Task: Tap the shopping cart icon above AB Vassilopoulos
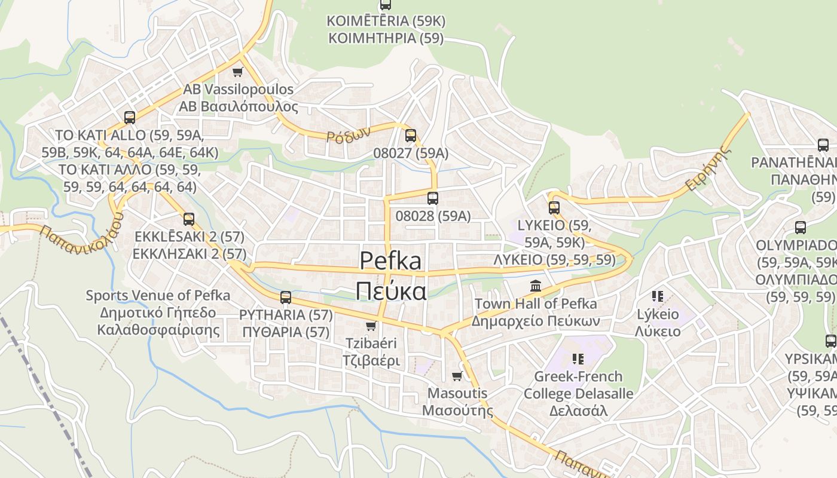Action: (237, 72)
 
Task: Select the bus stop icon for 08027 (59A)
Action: (410, 136)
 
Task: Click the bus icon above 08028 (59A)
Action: (433, 198)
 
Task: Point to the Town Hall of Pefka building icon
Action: (535, 286)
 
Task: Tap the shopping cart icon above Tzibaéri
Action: (371, 326)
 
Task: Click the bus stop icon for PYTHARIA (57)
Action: (286, 297)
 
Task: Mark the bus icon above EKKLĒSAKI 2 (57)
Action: (189, 219)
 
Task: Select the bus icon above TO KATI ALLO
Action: (130, 117)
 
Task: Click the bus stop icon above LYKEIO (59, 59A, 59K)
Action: (554, 208)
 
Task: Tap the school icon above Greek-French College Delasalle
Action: (578, 358)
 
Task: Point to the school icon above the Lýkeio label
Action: (658, 296)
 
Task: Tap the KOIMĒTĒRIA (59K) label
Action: (386, 21)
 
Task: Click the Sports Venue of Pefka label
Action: (158, 295)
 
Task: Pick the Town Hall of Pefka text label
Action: (535, 304)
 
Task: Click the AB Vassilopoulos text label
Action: (239, 90)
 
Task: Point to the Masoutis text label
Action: (457, 394)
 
